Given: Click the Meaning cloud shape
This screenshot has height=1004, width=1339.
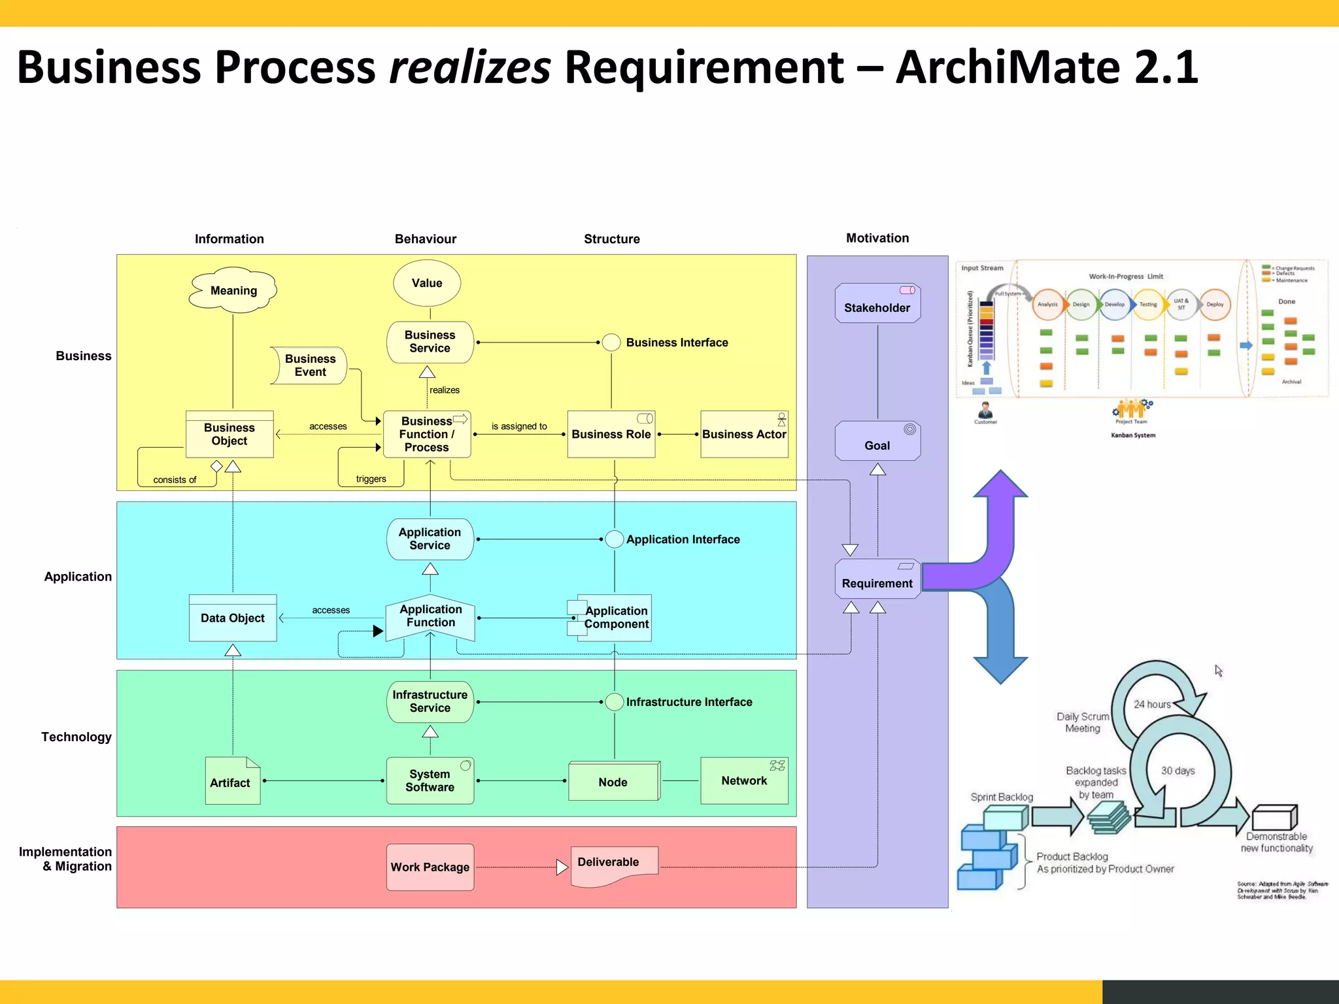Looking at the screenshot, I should (233, 290).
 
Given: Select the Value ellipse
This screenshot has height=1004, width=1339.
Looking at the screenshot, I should (427, 283).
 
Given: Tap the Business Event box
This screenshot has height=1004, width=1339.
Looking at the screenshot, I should (309, 365).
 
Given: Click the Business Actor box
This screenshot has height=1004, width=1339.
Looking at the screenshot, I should (744, 434).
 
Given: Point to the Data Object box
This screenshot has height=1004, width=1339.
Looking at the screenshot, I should (233, 618).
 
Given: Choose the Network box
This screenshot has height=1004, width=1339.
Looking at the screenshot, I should (744, 780).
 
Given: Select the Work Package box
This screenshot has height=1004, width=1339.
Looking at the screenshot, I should (430, 867).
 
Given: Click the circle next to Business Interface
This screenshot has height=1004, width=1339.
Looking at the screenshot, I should (611, 343).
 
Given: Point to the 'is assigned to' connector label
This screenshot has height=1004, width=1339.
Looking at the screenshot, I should (519, 426).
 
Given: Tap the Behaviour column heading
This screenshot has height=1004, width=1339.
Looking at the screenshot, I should (426, 239).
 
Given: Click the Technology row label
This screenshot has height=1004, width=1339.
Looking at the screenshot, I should (76, 737).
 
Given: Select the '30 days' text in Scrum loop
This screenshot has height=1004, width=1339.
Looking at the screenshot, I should (1178, 771).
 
